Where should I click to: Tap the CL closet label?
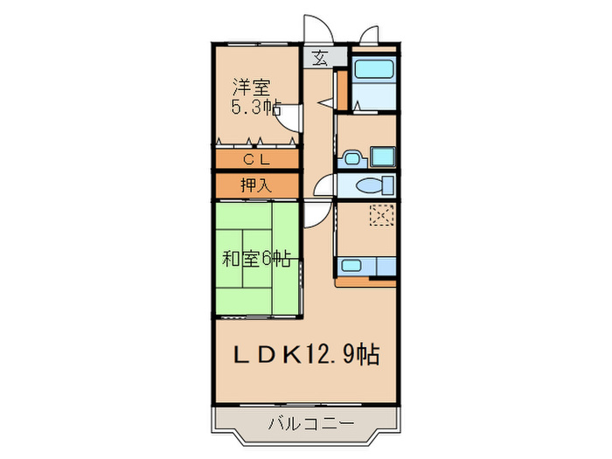[256, 159]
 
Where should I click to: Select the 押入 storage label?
[256, 185]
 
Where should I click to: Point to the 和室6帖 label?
[256, 258]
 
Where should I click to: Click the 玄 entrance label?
[318, 59]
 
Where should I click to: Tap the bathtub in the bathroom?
[374, 69]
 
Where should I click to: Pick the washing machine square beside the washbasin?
[381, 157]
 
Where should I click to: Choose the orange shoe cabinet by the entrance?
[343, 89]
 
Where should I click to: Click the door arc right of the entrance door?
[369, 35]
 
